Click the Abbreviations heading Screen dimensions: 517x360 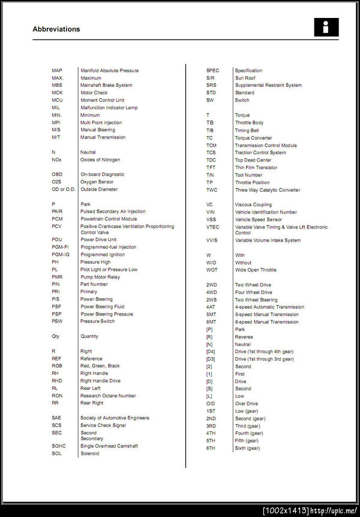point(56,29)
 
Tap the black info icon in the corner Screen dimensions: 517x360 point(326,27)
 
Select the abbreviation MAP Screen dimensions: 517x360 point(57,71)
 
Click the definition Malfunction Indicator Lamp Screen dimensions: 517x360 point(109,108)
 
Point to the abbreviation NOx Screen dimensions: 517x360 point(56,160)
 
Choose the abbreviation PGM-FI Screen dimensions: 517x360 point(60,247)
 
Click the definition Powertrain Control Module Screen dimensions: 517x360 point(109,219)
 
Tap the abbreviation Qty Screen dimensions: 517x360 point(56,336)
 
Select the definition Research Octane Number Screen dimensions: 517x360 point(108,396)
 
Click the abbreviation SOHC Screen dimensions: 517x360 point(59,446)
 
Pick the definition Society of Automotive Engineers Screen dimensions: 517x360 point(115,418)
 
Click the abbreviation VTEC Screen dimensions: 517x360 point(212,227)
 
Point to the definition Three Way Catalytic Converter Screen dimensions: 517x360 point(267,190)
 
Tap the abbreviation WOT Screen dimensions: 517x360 point(211,270)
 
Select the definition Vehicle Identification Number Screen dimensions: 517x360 point(266,212)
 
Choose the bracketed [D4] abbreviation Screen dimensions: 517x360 point(211,351)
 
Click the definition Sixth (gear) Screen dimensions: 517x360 point(247,448)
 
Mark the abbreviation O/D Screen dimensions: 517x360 point(210,404)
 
